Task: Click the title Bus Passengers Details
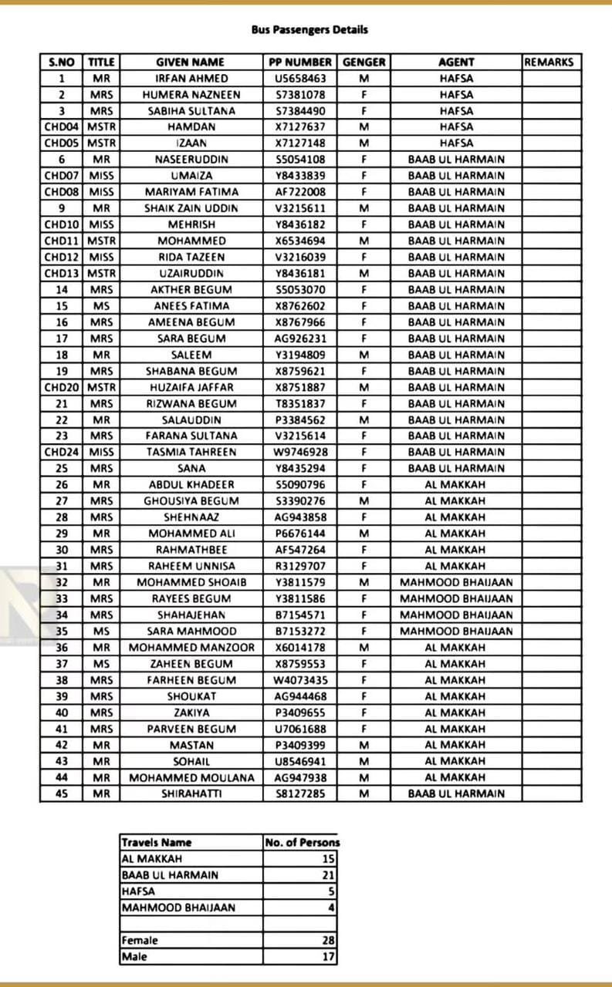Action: pyautogui.click(x=309, y=30)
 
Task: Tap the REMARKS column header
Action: pyautogui.click(x=549, y=62)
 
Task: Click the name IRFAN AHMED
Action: pyautogui.click(x=191, y=79)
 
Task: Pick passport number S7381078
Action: pyautogui.click(x=300, y=95)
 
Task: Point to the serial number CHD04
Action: pyautogui.click(x=62, y=127)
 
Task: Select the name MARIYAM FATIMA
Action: pyautogui.click(x=191, y=192)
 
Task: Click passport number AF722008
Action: pyautogui.click(x=300, y=192)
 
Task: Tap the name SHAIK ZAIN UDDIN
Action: pyautogui.click(x=191, y=208)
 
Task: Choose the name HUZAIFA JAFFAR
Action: pyautogui.click(x=191, y=387)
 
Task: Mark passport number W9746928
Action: pyautogui.click(x=300, y=452)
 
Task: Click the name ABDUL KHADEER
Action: pyautogui.click(x=191, y=485)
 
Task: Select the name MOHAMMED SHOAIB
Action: pyautogui.click(x=191, y=582)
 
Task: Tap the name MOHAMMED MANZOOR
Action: pyautogui.click(x=191, y=648)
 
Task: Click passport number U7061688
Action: pyautogui.click(x=300, y=729)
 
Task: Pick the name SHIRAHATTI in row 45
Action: pyautogui.click(x=191, y=793)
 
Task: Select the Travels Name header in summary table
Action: pyautogui.click(x=157, y=843)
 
